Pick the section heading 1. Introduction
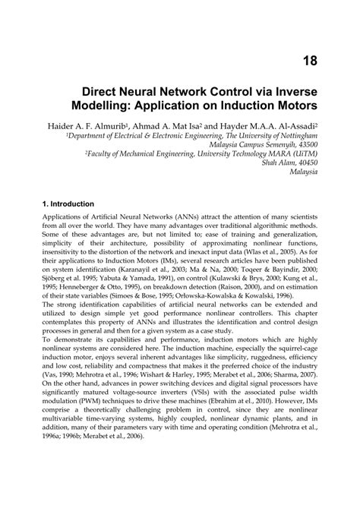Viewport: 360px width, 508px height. click(68, 204)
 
